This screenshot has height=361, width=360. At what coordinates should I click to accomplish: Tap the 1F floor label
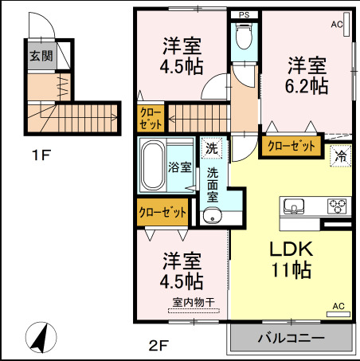pyautogui.click(x=41, y=155)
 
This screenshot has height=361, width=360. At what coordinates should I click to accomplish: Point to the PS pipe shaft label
pyautogui.click(x=243, y=14)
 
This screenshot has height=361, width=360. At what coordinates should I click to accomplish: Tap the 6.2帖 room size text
pyautogui.click(x=307, y=86)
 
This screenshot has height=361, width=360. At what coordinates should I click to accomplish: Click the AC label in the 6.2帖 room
pyautogui.click(x=337, y=25)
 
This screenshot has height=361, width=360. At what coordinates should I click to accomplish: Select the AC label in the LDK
pyautogui.click(x=338, y=306)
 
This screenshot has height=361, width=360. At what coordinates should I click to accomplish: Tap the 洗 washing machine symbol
pyautogui.click(x=211, y=148)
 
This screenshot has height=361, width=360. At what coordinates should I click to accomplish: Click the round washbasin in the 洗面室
pyautogui.click(x=212, y=216)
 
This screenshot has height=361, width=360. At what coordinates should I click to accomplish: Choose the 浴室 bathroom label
pyautogui.click(x=179, y=167)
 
